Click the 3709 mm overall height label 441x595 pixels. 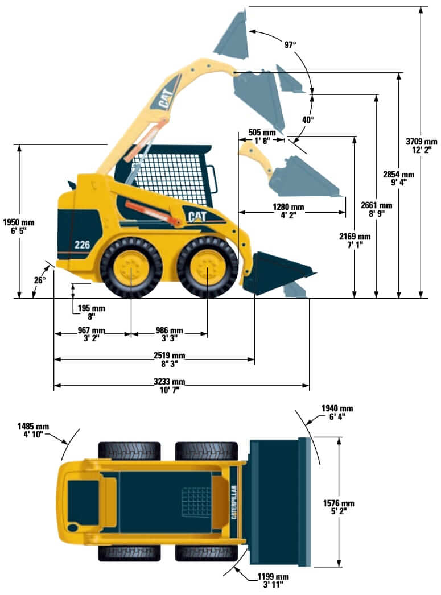421,146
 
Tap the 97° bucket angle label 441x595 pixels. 290,43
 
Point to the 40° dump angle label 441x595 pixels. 308,120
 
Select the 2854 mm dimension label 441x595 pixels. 399,179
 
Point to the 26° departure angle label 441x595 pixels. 39,280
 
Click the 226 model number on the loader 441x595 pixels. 82,245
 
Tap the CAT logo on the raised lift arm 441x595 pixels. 166,99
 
